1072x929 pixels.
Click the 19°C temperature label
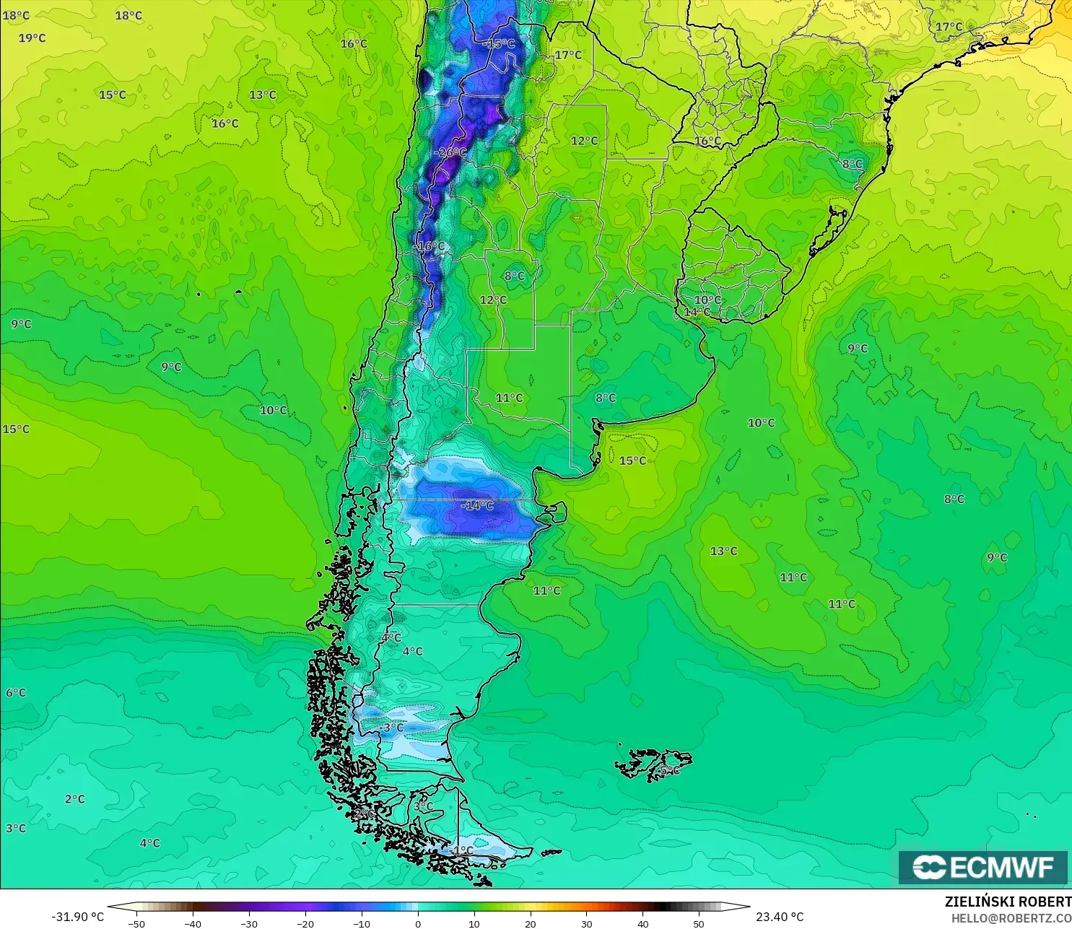tap(32, 38)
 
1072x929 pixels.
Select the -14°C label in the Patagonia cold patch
tap(477, 505)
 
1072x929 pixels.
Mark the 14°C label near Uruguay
tap(696, 312)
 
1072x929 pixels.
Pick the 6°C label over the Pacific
tap(16, 693)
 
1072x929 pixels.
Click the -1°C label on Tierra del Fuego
tap(462, 851)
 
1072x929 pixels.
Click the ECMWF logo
tap(982, 867)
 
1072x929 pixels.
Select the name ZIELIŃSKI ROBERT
tap(1008, 902)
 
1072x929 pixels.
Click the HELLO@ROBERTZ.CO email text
tap(1011, 918)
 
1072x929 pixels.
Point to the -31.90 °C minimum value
tap(77, 917)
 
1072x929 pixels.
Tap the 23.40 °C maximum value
tap(780, 917)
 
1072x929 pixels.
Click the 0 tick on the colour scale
tap(418, 923)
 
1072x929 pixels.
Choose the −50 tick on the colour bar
tap(136, 923)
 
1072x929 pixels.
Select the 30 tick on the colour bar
tap(587, 923)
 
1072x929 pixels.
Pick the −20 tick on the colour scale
tap(305, 923)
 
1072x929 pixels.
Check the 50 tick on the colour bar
tap(699, 923)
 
